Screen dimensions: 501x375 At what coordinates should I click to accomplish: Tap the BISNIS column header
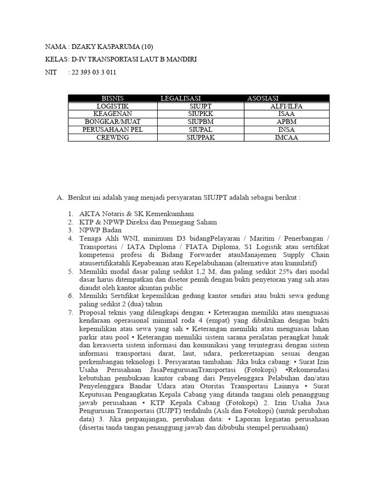click(113, 98)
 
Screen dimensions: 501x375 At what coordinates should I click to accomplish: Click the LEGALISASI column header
click(181, 98)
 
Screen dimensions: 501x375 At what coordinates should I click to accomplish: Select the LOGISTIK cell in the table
click(112, 106)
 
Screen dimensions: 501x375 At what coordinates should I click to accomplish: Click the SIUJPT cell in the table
click(200, 106)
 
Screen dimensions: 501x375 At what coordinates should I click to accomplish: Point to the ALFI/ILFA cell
click(286, 106)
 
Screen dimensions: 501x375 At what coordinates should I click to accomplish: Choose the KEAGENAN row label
click(112, 114)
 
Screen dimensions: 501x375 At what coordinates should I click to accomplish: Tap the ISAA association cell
click(286, 114)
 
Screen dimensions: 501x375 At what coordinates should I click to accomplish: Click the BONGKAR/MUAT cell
click(112, 122)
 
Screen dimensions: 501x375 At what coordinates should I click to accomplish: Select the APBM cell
click(286, 122)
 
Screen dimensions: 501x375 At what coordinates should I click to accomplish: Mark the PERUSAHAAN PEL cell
click(112, 130)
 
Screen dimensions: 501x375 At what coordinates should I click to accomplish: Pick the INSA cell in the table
click(286, 130)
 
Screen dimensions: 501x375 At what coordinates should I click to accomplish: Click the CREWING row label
click(112, 137)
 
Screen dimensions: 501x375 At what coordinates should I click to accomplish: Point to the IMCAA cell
click(286, 137)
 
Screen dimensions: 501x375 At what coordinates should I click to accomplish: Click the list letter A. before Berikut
click(61, 198)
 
